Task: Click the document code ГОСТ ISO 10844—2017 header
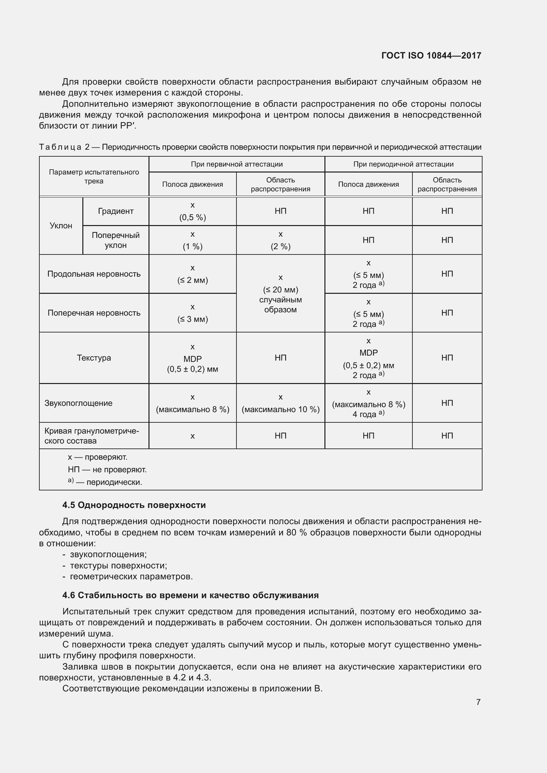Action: (431, 56)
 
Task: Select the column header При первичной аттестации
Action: (236, 164)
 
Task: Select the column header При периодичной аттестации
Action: (403, 164)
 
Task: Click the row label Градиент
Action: (115, 211)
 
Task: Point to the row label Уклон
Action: (61, 226)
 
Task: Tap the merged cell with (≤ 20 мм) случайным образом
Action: (280, 293)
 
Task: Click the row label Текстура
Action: (94, 358)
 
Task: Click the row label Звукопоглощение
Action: (78, 403)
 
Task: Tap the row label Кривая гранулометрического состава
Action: (91, 436)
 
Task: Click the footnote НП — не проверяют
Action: (107, 469)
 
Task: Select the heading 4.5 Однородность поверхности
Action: (134, 505)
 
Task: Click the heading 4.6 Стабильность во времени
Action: (190, 595)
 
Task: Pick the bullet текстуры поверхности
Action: (118, 565)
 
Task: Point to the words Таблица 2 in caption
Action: (64, 147)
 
